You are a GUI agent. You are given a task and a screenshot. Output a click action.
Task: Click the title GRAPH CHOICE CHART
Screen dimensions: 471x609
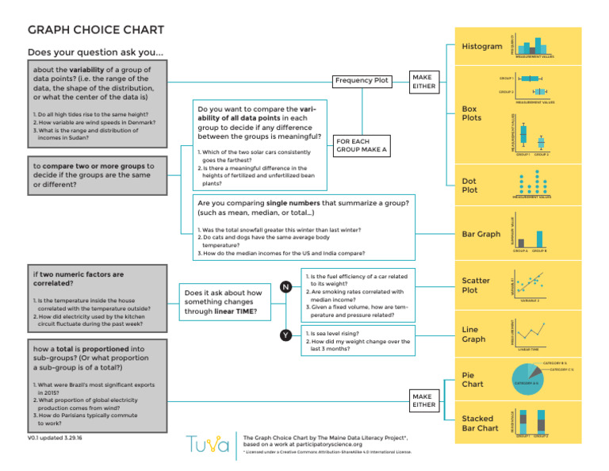click(96, 30)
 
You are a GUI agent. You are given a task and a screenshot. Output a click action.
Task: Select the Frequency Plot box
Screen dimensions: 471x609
click(362, 80)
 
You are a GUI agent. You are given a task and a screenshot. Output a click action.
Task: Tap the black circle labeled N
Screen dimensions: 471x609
click(284, 286)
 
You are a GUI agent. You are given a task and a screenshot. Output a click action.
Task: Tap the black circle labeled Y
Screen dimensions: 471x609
click(284, 335)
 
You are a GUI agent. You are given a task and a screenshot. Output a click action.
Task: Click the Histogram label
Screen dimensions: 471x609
click(481, 46)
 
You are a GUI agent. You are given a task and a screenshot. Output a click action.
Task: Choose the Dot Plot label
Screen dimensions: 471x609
click(469, 186)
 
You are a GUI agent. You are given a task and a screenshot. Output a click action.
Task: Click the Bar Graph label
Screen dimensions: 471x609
click(481, 234)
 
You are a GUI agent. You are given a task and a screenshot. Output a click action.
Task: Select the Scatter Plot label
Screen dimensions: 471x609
click(476, 285)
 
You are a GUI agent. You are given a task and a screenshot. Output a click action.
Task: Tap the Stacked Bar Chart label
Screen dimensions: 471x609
click(480, 423)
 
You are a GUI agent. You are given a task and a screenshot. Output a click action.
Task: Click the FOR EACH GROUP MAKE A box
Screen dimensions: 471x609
click(362, 145)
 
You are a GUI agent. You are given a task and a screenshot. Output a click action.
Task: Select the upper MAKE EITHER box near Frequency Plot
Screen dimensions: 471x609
click(423, 81)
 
